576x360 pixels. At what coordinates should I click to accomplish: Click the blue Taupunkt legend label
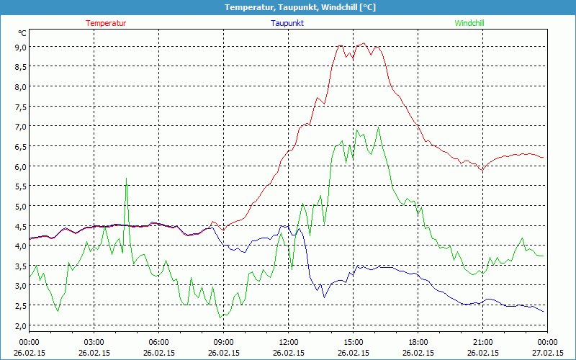point(287,23)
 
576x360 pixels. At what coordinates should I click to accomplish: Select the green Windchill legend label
point(469,23)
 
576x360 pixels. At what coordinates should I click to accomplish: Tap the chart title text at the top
point(288,7)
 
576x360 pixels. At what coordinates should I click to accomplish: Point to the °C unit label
point(22,33)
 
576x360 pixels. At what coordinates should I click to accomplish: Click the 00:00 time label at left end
point(30,341)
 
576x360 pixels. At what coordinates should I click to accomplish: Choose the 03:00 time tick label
point(94,341)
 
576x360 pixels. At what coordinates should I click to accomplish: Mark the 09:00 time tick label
point(224,341)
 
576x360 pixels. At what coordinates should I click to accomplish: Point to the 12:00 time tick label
point(289,341)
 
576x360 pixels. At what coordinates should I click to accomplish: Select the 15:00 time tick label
point(354,341)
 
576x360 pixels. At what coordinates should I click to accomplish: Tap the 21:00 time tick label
point(483,341)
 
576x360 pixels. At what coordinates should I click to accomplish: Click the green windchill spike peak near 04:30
point(127,179)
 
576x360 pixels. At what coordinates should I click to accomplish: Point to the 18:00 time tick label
point(418,341)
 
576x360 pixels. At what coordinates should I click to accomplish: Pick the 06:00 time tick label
point(159,341)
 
